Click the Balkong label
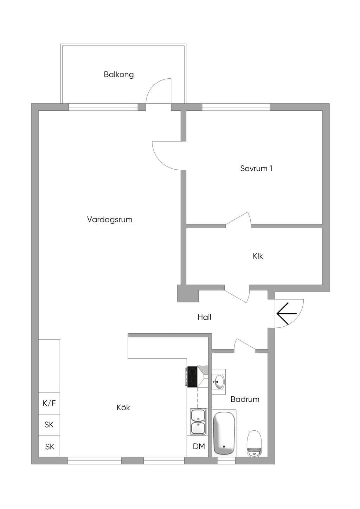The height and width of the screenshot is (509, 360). tap(119, 74)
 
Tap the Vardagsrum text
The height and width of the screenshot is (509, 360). tap(110, 220)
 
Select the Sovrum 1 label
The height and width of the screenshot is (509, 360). tap(256, 168)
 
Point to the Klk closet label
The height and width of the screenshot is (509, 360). tap(258, 256)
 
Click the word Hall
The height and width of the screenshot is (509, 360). tap(204, 317)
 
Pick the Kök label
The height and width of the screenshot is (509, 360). tap(123, 407)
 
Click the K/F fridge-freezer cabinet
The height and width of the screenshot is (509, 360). tap(49, 403)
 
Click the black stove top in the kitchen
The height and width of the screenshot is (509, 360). tap(192, 377)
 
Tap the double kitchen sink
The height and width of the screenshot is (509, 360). tap(198, 422)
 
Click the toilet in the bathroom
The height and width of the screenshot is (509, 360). tap(254, 443)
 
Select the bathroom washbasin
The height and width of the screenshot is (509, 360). tap(219, 382)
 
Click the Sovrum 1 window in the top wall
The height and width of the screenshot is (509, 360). tap(236, 107)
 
